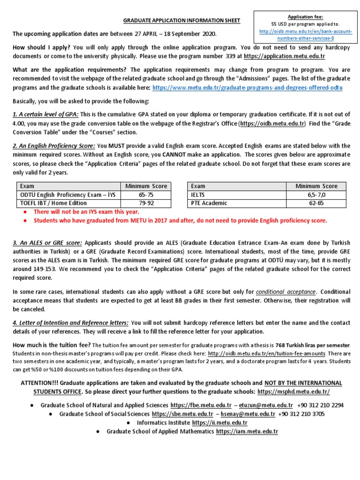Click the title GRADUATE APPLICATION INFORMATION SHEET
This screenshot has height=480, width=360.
coord(181,21)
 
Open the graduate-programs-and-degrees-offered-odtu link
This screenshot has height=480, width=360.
coord(247,88)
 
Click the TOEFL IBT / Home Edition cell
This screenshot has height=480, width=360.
coord(53,203)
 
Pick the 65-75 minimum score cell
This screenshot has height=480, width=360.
coord(146,195)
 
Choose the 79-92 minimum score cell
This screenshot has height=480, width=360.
coord(146,203)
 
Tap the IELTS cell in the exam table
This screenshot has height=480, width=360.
coord(199,195)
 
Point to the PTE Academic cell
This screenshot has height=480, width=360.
coord(209,203)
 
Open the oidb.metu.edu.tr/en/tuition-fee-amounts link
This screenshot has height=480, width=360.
coord(266,353)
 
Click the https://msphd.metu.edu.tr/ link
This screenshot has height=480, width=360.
coord(293,391)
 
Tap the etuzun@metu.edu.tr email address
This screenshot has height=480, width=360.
coord(266,405)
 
